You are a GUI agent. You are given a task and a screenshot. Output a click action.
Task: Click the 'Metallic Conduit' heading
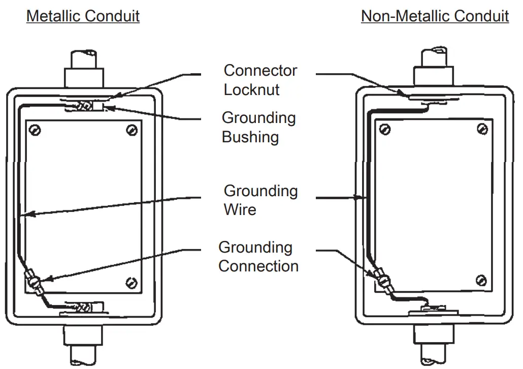(83, 16)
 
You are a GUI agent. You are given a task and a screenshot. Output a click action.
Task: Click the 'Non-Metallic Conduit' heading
(435, 16)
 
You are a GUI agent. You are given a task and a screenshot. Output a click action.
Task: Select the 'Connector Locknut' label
(260, 80)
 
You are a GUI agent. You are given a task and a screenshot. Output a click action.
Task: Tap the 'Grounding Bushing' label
(258, 127)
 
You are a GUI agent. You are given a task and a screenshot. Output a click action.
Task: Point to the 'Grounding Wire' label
(260, 200)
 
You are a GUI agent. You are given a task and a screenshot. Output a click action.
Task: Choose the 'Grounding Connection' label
(258, 257)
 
